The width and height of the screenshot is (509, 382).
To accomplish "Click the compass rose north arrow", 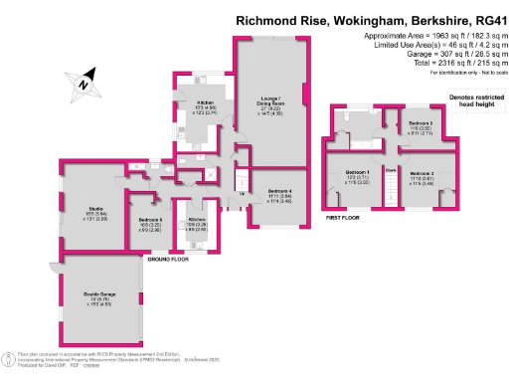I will coord(84,83).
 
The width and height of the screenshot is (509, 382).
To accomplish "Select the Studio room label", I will coord(83,208).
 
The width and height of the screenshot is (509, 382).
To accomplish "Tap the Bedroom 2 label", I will coord(419,173).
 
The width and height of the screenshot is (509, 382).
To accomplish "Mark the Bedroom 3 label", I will coord(420,121).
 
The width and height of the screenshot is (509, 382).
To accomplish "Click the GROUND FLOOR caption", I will coord(168,259).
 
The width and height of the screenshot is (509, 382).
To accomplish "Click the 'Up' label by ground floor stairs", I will coord(242,193).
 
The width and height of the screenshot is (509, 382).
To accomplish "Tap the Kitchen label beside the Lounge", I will coord(206,102).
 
